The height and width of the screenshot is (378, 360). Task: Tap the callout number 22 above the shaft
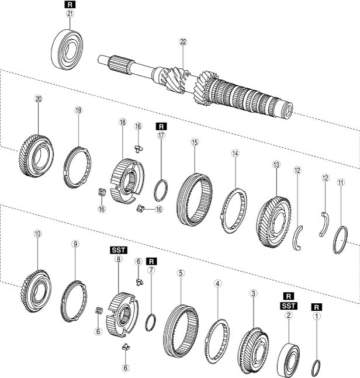point(183,41)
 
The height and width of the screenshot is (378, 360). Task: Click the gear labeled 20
point(38,151)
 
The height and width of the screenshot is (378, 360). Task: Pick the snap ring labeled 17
point(161,190)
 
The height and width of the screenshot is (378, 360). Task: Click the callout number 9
point(75,244)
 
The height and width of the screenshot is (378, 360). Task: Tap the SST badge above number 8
point(118,249)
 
